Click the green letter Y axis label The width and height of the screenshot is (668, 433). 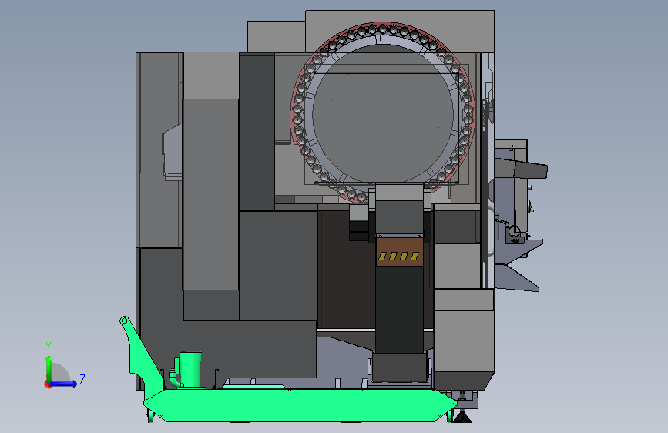(49, 347)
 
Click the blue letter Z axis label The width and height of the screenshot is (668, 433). (82, 379)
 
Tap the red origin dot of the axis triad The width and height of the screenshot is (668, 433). (48, 384)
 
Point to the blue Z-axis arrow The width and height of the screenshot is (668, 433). (64, 384)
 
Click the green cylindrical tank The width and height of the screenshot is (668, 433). (190, 369)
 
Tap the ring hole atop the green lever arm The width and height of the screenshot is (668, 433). (124, 321)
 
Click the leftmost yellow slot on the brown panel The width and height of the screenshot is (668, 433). (382, 256)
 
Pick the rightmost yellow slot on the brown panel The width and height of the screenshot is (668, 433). (415, 256)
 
